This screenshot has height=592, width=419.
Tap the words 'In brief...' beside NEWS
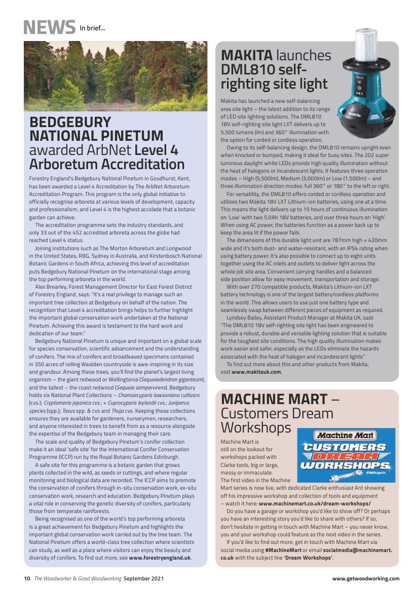pos(93,28)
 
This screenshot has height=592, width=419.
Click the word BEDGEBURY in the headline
pos(70,122)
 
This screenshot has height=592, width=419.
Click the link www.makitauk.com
pos(257,372)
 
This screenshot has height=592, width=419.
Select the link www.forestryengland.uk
pos(160,558)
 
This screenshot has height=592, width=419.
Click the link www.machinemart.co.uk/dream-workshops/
pos(315,504)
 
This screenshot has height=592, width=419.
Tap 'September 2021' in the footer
pos(143,578)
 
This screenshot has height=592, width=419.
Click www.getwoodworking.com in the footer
pos(366,578)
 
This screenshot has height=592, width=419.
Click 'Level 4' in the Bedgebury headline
pos(157,150)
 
